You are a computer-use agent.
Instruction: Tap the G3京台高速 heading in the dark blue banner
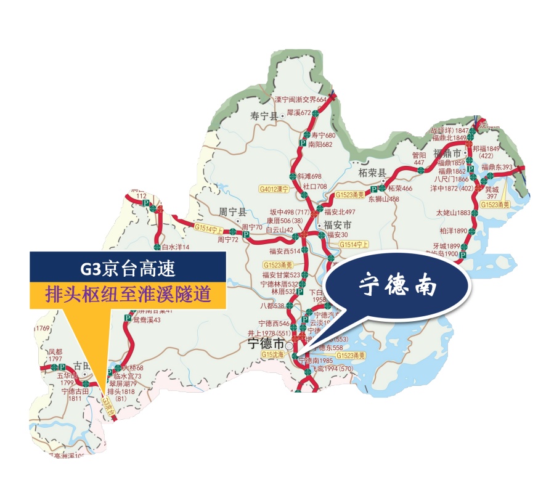pyautogui.click(x=128, y=269)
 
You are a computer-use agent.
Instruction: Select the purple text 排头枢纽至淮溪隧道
pyautogui.click(x=128, y=294)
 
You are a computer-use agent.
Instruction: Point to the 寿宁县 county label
pyautogui.click(x=265, y=115)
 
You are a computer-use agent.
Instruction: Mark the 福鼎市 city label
pyautogui.click(x=447, y=153)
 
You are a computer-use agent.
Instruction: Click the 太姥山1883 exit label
pyautogui.click(x=453, y=213)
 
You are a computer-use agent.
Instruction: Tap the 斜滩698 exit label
pyautogui.click(x=309, y=176)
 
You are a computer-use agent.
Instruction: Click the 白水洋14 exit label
pyautogui.click(x=176, y=247)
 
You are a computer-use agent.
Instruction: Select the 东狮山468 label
pyautogui.click(x=384, y=199)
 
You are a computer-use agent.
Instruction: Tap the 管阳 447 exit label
pyautogui.click(x=419, y=159)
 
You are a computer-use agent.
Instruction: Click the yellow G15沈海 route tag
pyautogui.click(x=273, y=356)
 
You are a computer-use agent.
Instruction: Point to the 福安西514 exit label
pyautogui.click(x=284, y=251)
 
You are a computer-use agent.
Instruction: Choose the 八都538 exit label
pyautogui.click(x=272, y=305)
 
